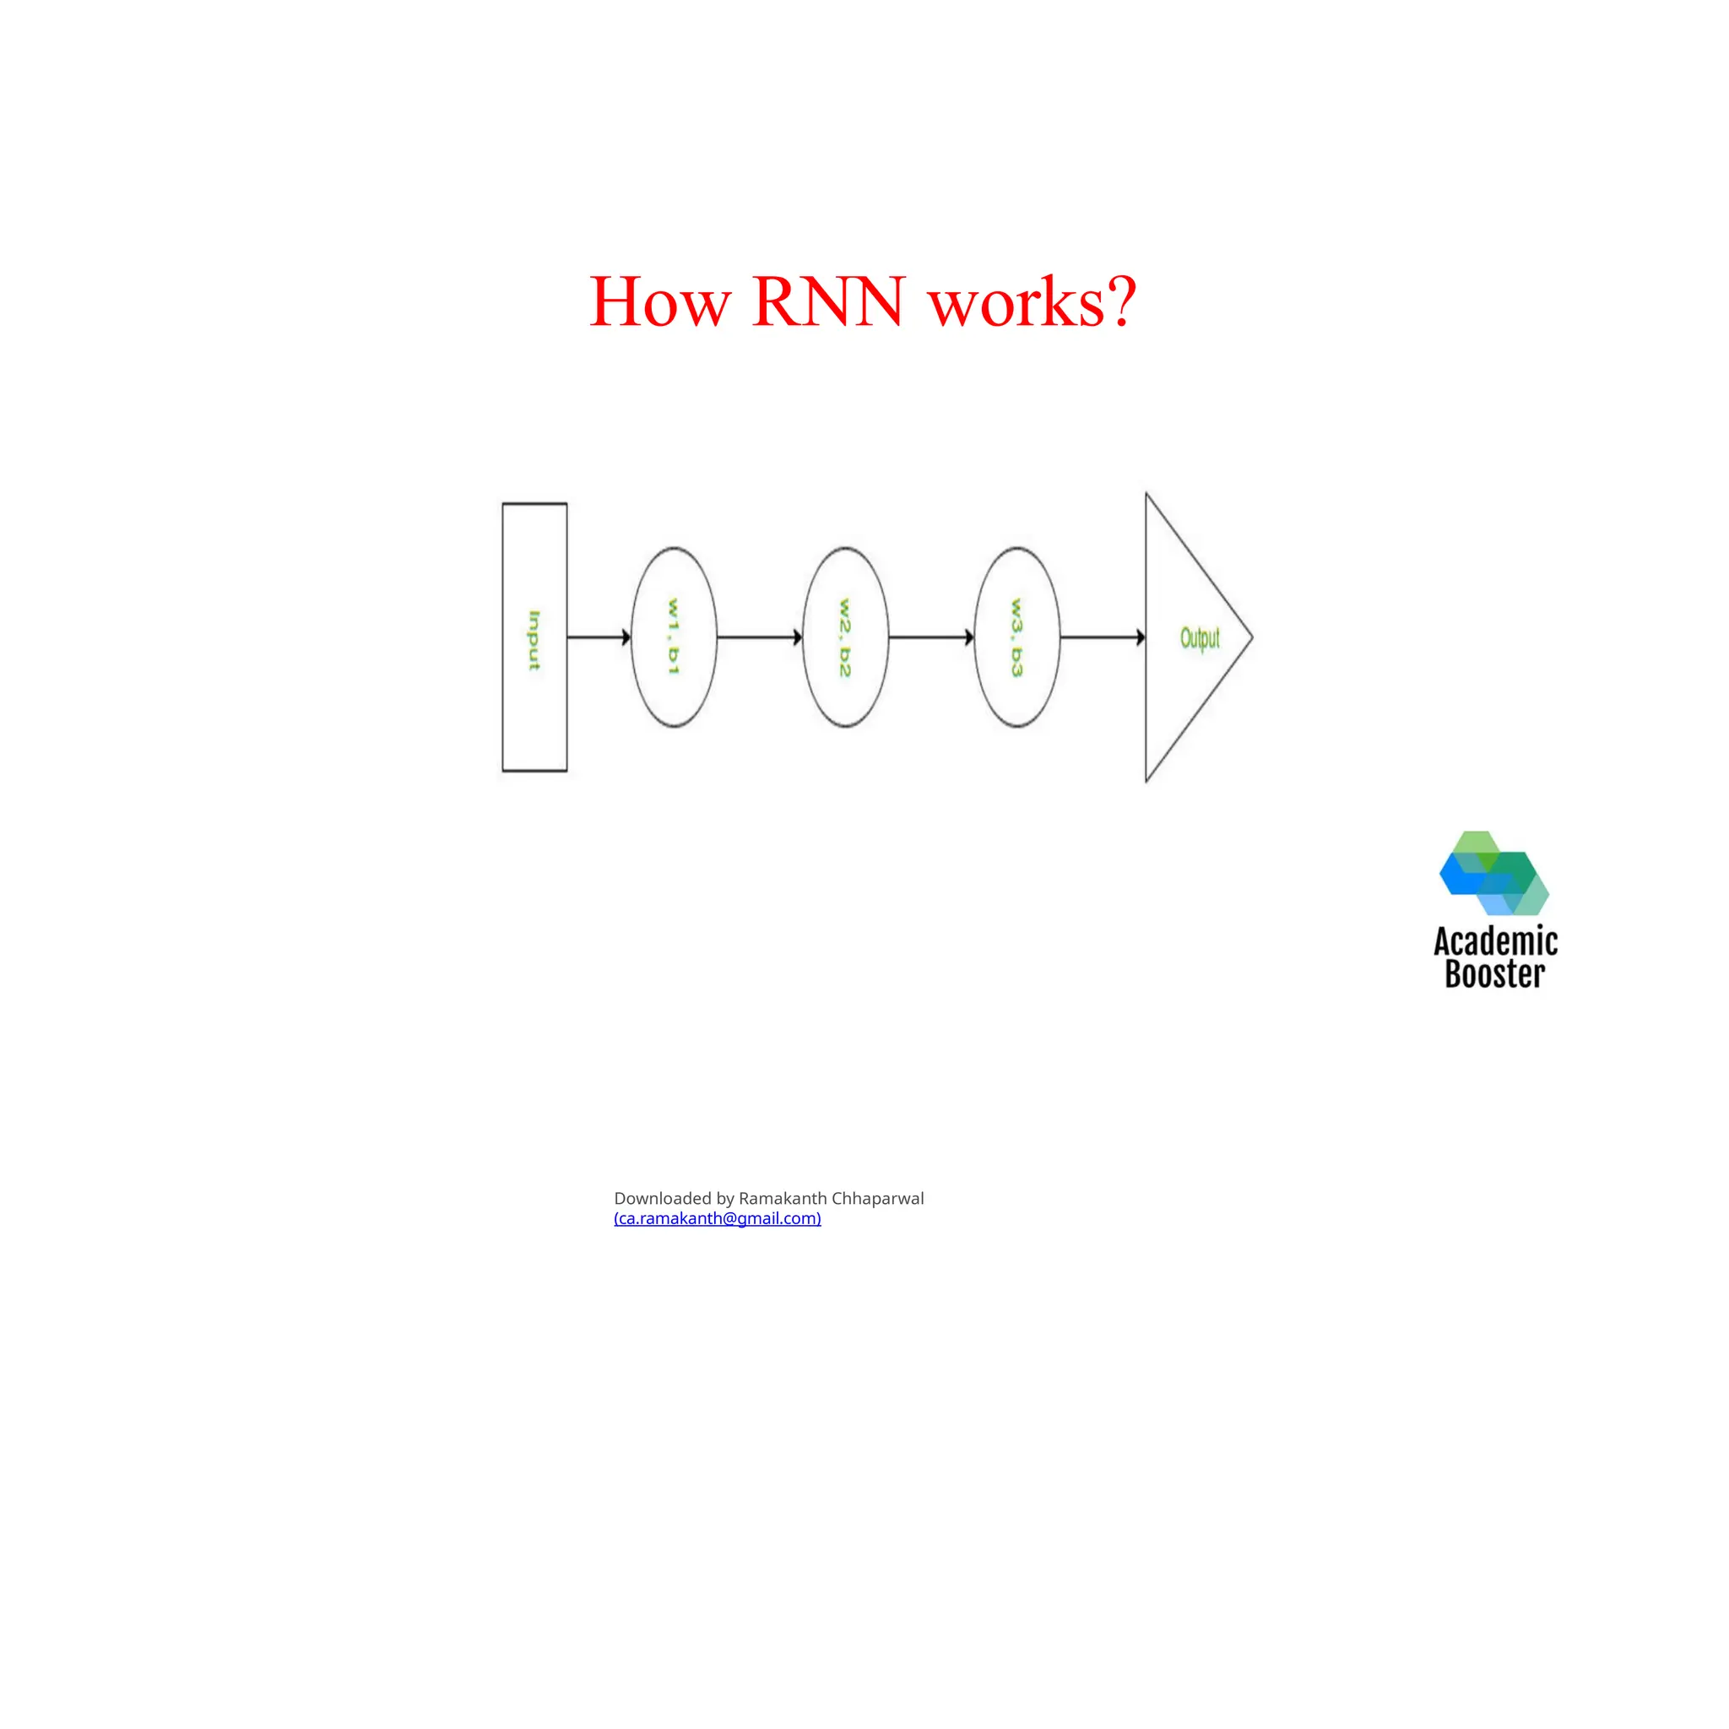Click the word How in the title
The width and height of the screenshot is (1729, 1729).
[x=659, y=302]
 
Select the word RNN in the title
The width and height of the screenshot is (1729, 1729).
[x=828, y=302]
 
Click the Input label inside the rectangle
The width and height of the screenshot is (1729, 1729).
[x=534, y=640]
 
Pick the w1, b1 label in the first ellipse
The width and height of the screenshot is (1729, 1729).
[x=674, y=637]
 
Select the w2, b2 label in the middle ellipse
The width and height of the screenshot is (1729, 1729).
[x=845, y=637]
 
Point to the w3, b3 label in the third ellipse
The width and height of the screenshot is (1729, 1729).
[x=1016, y=637]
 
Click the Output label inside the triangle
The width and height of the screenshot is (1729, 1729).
[x=1199, y=638]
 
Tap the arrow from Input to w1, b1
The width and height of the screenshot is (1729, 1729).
[x=598, y=637]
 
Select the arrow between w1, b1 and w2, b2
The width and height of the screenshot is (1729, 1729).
[x=759, y=637]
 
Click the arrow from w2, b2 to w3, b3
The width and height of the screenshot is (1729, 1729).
[x=930, y=637]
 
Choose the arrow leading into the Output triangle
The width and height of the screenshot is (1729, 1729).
[x=1102, y=637]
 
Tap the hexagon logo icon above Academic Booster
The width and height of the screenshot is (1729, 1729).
[x=1493, y=873]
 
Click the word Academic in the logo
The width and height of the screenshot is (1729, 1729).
[x=1495, y=941]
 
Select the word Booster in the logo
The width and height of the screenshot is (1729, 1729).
[x=1494, y=974]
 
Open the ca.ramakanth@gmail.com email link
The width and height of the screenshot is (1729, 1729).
[x=717, y=1218]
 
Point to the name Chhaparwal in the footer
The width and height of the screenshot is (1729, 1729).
[x=877, y=1198]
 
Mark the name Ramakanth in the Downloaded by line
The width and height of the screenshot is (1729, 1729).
[x=782, y=1198]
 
